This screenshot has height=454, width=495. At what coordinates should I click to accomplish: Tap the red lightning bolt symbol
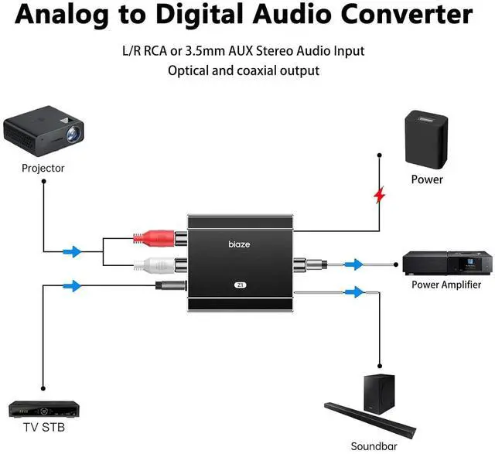(x=379, y=195)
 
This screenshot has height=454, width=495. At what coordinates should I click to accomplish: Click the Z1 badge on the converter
(x=240, y=285)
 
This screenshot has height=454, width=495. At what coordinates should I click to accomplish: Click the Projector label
(x=43, y=168)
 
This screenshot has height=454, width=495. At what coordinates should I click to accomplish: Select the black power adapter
(x=427, y=139)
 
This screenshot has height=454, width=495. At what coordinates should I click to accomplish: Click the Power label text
(x=427, y=179)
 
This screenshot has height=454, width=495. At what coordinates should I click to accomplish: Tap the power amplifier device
(x=446, y=264)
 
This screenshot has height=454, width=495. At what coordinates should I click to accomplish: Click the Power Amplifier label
(x=446, y=285)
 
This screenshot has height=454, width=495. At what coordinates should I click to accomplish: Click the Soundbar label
(x=374, y=445)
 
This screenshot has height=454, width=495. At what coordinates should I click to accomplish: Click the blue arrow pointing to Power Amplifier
(x=353, y=265)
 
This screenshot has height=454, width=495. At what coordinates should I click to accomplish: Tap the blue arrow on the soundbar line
(x=354, y=292)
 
